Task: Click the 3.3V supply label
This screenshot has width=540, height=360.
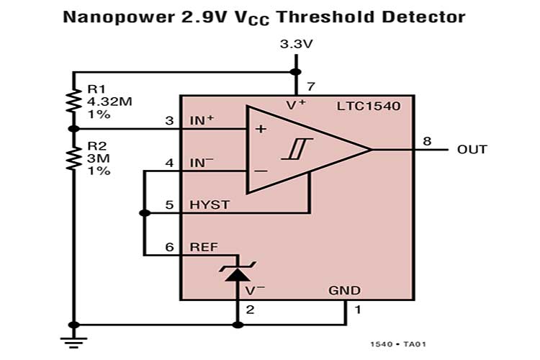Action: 295,45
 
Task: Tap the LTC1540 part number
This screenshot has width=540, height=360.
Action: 368,107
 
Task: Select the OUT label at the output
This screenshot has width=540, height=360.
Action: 472,150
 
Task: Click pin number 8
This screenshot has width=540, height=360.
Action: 427,140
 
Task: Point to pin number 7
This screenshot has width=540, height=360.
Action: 310,87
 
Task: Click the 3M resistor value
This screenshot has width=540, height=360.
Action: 97,158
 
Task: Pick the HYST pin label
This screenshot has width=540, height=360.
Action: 209,204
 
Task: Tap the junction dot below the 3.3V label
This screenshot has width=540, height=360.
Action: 295,71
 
